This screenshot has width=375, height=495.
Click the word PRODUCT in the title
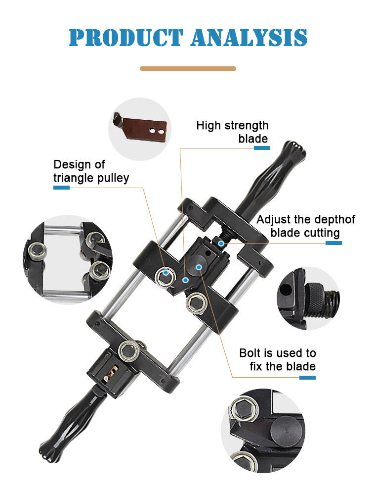click(x=126, y=38)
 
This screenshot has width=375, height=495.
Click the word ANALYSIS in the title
click(x=249, y=38)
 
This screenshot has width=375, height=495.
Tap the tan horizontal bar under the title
click(x=188, y=68)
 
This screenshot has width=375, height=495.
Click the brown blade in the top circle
click(x=140, y=128)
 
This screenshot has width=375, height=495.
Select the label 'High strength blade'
click(x=232, y=132)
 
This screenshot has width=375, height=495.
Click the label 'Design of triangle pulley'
click(x=91, y=171)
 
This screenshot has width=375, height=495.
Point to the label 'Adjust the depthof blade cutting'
click(x=306, y=226)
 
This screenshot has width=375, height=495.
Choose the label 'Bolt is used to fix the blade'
click(x=278, y=359)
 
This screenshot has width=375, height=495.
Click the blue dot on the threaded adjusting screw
click(x=221, y=244)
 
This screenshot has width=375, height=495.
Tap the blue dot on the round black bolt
click(x=199, y=267)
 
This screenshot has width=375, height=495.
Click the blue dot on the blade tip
click(x=185, y=280)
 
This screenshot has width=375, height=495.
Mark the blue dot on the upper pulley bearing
click(x=166, y=272)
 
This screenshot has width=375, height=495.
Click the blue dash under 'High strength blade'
click(x=262, y=148)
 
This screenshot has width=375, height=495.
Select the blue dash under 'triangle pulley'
click(x=61, y=188)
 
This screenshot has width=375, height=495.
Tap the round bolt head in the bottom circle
click(x=288, y=430)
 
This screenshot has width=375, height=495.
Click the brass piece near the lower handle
click(x=111, y=373)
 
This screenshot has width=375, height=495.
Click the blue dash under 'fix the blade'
click(x=308, y=378)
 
